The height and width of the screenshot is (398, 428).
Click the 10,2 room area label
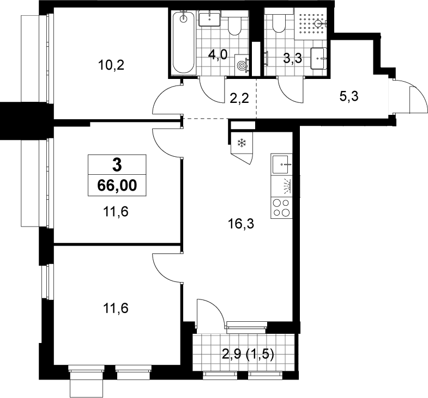point(111,65)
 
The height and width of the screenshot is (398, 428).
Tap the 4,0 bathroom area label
point(218,55)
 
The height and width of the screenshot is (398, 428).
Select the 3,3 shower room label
point(292,58)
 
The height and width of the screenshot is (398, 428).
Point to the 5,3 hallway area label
point(349,96)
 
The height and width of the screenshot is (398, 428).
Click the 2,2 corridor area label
point(239,98)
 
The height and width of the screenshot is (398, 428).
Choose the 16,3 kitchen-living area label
point(241,224)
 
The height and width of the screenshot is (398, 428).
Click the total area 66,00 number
point(117,186)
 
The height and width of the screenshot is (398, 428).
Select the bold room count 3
point(117,165)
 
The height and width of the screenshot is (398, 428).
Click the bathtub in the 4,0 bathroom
point(184,42)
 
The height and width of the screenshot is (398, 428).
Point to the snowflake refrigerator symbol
point(242,143)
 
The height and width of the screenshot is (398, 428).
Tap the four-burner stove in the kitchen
point(281,208)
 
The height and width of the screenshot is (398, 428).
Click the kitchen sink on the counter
point(281,164)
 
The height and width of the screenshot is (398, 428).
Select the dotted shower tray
point(311,23)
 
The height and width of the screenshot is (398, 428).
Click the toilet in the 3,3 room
point(279,22)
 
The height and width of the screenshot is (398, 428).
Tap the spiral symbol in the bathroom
point(242,65)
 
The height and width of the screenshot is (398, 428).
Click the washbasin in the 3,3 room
point(318,58)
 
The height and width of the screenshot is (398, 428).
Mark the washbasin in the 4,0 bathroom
point(209,19)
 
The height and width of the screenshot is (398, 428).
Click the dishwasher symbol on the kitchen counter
point(281,186)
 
